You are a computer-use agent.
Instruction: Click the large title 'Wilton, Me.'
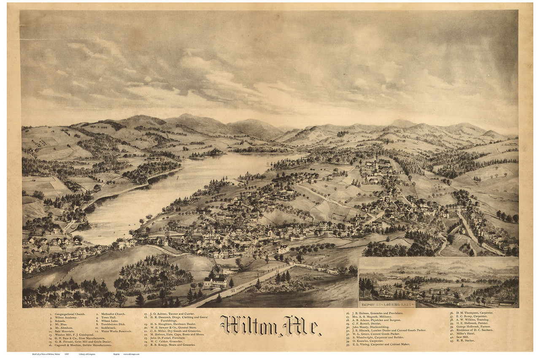click(x=270, y=326)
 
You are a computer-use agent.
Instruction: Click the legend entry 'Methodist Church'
click(x=112, y=314)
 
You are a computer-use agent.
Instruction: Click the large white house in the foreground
click(x=216, y=282)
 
